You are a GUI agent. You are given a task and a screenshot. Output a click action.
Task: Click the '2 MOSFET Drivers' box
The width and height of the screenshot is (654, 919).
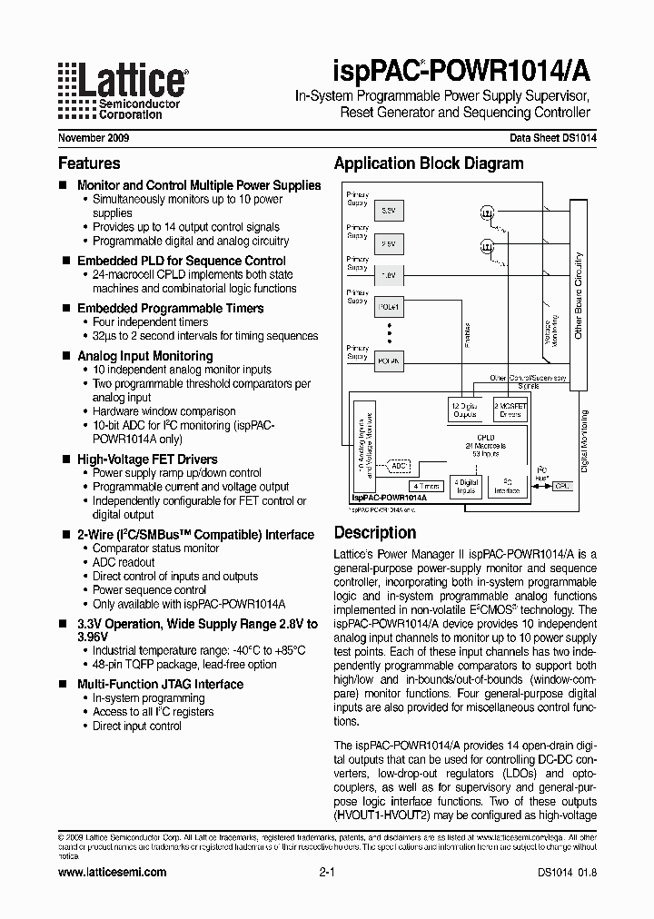510,410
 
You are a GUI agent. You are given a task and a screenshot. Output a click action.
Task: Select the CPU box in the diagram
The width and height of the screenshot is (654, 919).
563,486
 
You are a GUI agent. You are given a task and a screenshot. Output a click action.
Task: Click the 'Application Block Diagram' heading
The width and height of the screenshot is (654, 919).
429,164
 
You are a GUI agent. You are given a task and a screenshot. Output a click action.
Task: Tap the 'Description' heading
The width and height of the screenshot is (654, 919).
375,533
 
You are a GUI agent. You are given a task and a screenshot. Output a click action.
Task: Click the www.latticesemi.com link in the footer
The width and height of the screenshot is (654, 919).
112,872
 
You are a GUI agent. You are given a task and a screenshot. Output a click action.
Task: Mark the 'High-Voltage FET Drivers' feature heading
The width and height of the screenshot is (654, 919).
147,459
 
